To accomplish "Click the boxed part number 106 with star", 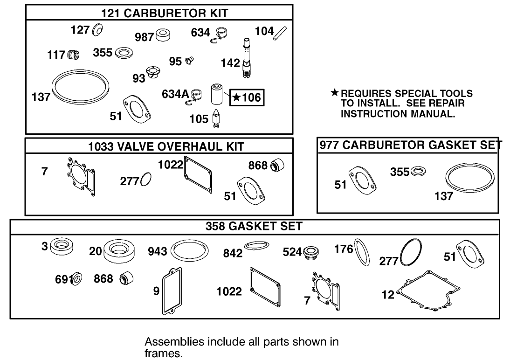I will click(248, 97).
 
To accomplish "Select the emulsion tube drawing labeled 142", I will click(247, 61).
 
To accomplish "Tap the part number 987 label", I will click(144, 37).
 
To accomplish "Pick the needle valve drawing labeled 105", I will click(216, 118).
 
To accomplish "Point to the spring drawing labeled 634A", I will click(197, 95).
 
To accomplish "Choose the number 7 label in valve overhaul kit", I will click(44, 172).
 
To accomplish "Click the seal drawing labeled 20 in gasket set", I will click(119, 251).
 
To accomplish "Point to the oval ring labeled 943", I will click(189, 252).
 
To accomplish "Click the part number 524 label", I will click(292, 252).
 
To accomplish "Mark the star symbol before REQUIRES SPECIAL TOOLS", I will click(334, 93).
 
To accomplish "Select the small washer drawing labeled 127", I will click(98, 30).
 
